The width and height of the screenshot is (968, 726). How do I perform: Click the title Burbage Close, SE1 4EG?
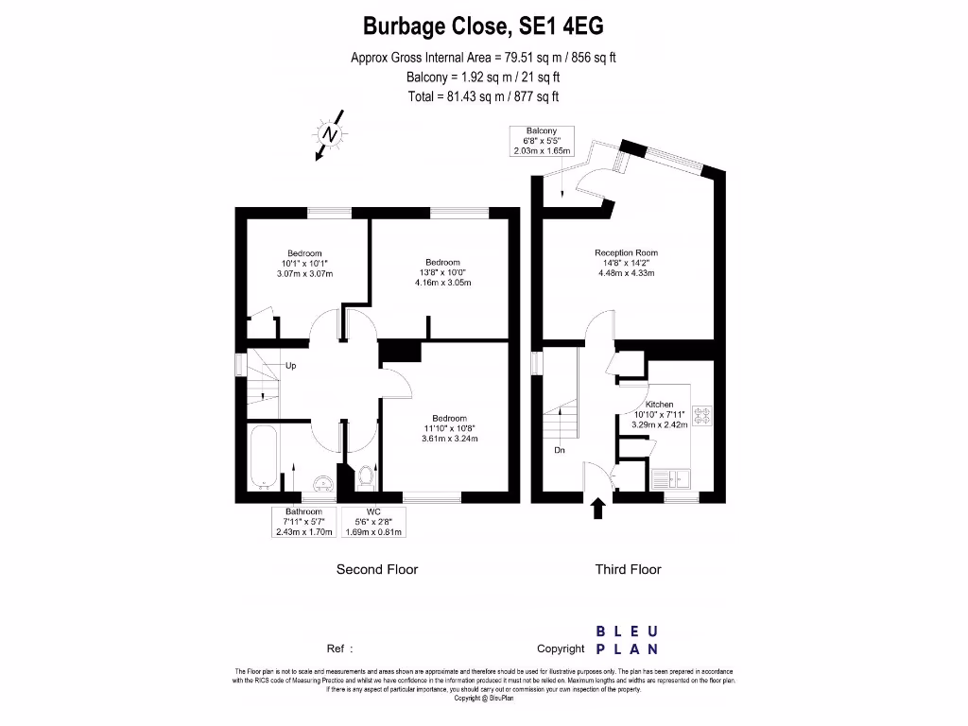point(483,26)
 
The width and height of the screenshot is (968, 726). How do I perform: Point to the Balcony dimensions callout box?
point(535,140)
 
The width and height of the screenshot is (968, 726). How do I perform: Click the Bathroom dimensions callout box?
point(304,522)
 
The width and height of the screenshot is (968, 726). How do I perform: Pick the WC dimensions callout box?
point(375,522)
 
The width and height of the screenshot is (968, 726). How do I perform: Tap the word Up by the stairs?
point(291,365)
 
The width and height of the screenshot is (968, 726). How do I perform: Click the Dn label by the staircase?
point(560,450)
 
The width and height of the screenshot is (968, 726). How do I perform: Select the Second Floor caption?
point(377,569)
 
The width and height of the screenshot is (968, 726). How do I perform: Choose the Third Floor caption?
point(628,569)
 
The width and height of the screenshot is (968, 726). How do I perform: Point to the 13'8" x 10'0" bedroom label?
point(442,272)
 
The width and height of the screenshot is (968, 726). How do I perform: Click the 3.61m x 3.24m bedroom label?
point(449,439)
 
